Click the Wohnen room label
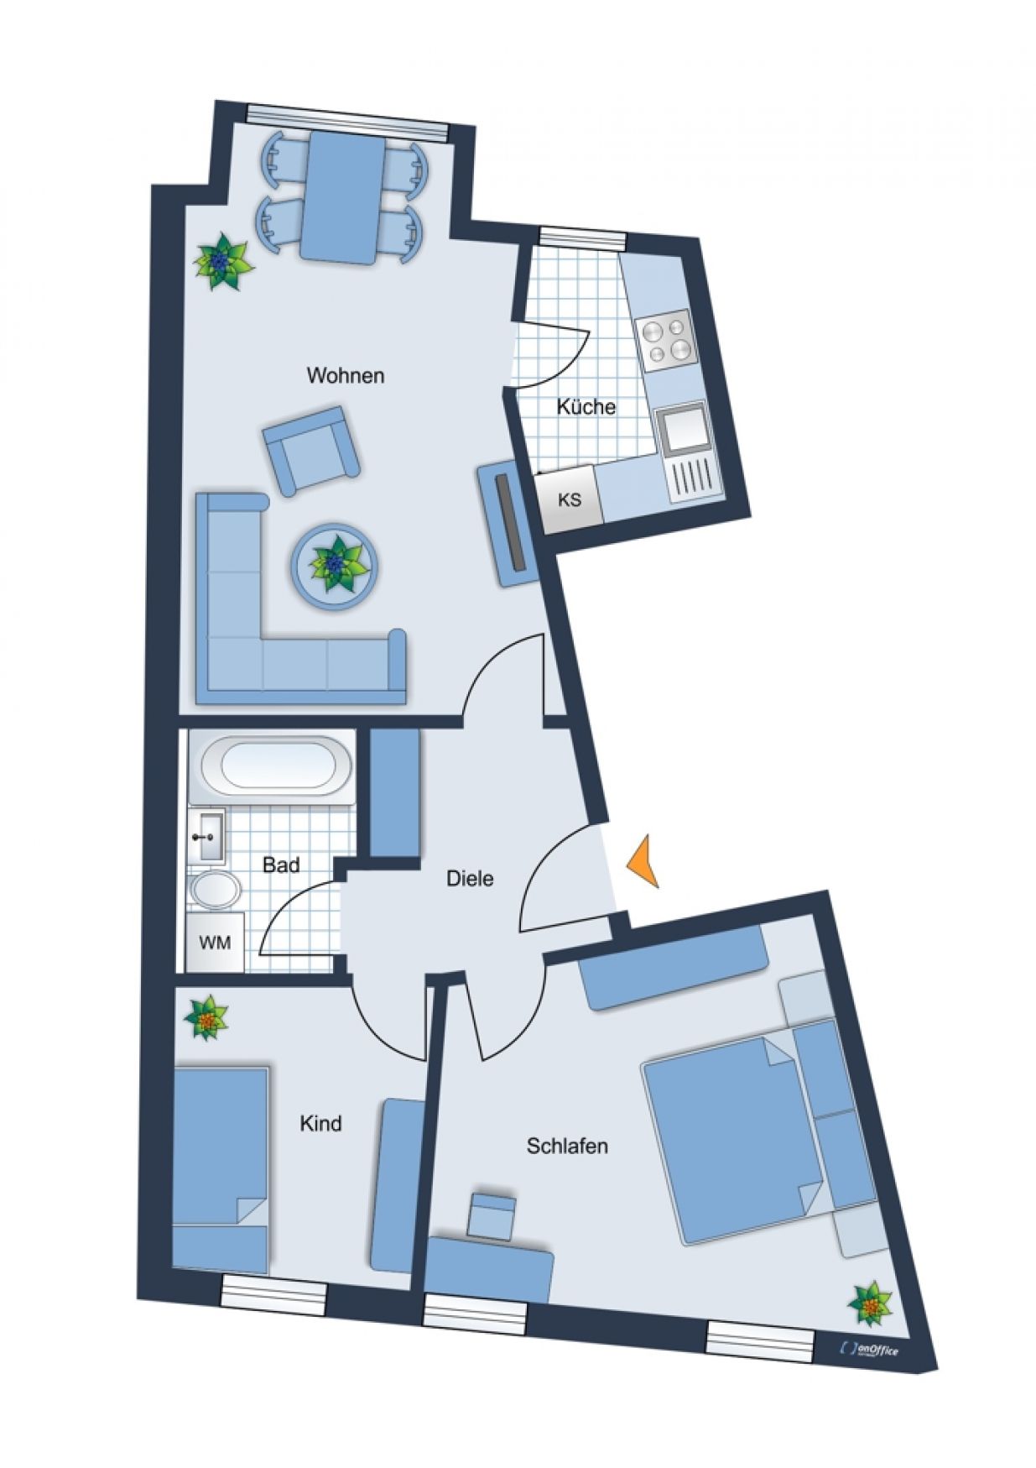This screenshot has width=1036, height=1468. (346, 375)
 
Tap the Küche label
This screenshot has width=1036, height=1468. (586, 406)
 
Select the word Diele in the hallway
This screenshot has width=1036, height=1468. (470, 879)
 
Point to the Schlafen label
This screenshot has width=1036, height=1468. (567, 1146)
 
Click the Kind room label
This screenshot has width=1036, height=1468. (320, 1123)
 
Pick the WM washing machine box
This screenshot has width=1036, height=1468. (215, 942)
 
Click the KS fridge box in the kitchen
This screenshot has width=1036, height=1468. (570, 500)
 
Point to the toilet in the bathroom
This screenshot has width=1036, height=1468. (216, 891)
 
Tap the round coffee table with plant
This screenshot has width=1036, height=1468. (335, 565)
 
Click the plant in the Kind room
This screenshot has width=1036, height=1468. (206, 1018)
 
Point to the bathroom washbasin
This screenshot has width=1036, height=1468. (206, 836)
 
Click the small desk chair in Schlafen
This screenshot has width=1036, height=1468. (492, 1215)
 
